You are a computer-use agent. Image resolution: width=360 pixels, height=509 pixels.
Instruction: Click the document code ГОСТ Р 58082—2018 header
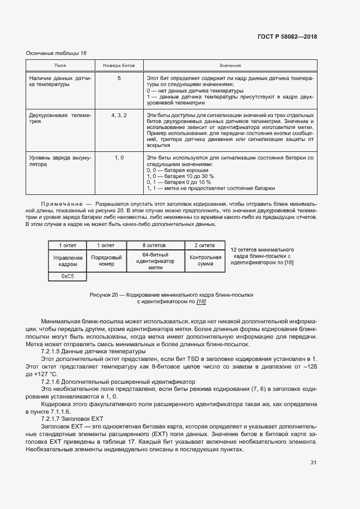pyautogui.click(x=287, y=37)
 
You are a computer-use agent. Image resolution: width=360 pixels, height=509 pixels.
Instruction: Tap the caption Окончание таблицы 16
pyautogui.click(x=57, y=53)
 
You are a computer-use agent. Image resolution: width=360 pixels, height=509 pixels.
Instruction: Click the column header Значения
pyautogui.click(x=230, y=65)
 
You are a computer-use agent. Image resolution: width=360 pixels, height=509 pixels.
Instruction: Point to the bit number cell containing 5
pyautogui.click(x=119, y=78)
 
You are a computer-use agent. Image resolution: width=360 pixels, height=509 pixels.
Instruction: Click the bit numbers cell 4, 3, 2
pyautogui.click(x=119, y=115)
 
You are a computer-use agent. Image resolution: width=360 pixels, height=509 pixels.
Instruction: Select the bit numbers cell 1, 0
pyautogui.click(x=119, y=157)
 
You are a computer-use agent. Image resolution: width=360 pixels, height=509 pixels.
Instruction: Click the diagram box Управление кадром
pyautogui.click(x=68, y=261)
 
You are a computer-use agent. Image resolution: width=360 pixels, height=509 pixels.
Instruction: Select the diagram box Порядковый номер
pyautogui.click(x=107, y=261)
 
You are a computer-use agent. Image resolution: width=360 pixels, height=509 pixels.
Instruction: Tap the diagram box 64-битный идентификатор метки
pyautogui.click(x=155, y=261)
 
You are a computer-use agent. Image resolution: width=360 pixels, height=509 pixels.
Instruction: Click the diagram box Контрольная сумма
pyautogui.click(x=205, y=261)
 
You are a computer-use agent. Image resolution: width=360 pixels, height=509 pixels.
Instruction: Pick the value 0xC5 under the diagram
pyautogui.click(x=68, y=277)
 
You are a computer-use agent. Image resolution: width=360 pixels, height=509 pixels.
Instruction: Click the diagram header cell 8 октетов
pyautogui.click(x=155, y=246)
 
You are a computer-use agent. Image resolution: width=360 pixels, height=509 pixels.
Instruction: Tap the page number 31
pyautogui.click(x=313, y=462)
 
